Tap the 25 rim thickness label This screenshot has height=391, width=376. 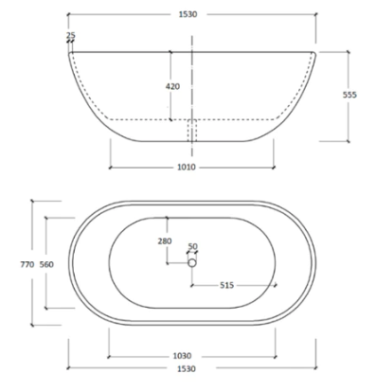click(70, 36)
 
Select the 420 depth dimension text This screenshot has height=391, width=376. click(171, 85)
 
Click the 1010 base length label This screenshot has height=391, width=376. click(188, 168)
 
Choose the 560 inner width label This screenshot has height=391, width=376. click(45, 265)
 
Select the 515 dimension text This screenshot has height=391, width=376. click(227, 285)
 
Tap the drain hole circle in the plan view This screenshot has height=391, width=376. click(192, 263)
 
